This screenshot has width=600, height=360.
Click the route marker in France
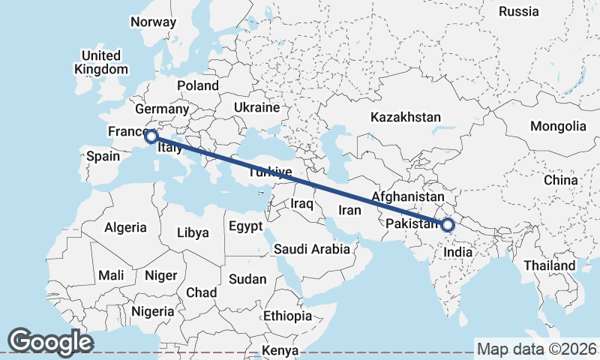pyautogui.click(x=151, y=136)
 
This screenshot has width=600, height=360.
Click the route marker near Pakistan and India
pyautogui.click(x=448, y=224)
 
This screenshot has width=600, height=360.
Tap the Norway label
pyautogui.click(x=153, y=22)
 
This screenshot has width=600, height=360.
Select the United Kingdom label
pyautogui.click(x=101, y=62)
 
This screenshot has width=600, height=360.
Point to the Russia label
pyautogui.click(x=518, y=11)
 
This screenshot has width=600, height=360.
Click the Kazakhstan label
pyautogui.click(x=406, y=117)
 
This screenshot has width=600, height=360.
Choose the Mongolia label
pyautogui.click(x=558, y=126)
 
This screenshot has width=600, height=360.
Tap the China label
pyautogui.click(x=561, y=180)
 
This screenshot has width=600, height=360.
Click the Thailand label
pyautogui.click(x=550, y=265)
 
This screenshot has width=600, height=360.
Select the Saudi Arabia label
pyautogui.click(x=311, y=249)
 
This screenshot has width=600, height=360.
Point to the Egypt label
pyautogui.click(x=246, y=226)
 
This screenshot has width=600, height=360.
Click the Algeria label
pyautogui.click(x=125, y=226)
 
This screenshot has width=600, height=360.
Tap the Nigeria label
pyautogui.click(x=152, y=310)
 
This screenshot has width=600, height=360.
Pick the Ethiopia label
pyautogui.click(x=287, y=316)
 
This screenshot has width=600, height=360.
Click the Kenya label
pyautogui.click(x=280, y=351)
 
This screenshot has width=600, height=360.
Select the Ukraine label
pyautogui.click(x=256, y=108)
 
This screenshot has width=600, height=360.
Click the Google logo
pyautogui.click(x=50, y=342)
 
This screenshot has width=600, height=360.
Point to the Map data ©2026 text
pyautogui.click(x=537, y=349)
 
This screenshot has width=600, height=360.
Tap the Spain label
pyautogui.click(x=103, y=156)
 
